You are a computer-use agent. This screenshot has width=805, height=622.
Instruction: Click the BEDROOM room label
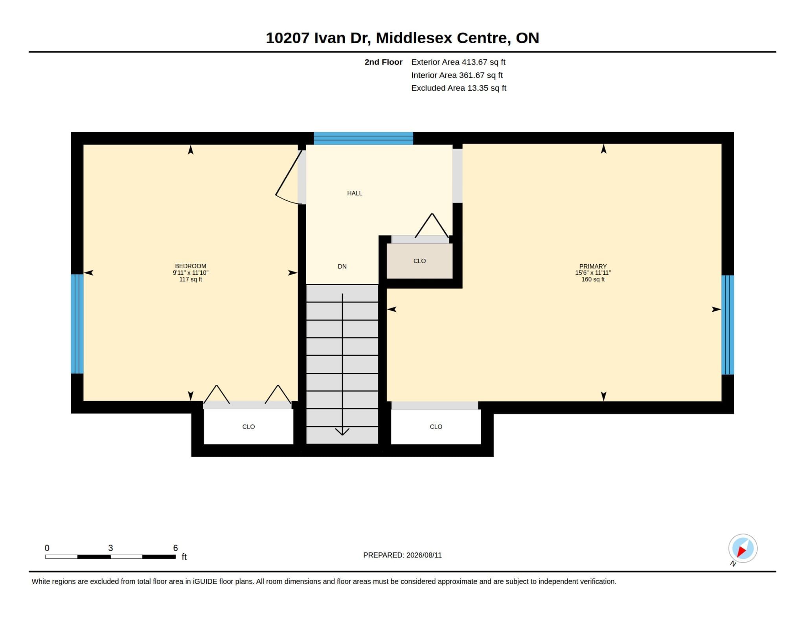(191, 266)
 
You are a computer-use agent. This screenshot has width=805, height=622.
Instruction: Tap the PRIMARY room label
(593, 266)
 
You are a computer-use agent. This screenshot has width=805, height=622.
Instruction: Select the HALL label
(355, 193)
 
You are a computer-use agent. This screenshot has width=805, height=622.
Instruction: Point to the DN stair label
(342, 266)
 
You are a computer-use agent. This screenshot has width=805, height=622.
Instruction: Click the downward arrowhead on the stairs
(342, 432)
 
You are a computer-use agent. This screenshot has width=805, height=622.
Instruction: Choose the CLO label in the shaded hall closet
(420, 261)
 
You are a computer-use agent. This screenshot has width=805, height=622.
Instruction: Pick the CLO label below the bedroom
(248, 427)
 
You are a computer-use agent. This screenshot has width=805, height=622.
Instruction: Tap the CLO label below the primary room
(436, 427)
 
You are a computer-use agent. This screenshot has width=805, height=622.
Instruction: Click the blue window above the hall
(363, 138)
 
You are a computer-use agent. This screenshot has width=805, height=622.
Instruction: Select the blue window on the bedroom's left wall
(77, 324)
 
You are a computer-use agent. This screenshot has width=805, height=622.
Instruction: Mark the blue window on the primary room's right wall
(728, 325)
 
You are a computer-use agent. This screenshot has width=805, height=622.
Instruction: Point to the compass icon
(743, 549)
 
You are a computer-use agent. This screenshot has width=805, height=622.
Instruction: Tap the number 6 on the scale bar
(175, 548)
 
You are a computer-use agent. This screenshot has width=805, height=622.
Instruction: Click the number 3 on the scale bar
(110, 548)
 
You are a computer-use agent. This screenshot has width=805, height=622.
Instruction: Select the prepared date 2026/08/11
(424, 555)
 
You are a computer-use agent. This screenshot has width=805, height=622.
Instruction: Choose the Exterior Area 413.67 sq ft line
(458, 62)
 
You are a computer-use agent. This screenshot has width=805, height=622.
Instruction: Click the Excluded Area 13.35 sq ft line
(459, 88)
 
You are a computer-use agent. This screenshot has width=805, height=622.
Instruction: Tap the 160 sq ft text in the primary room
(593, 279)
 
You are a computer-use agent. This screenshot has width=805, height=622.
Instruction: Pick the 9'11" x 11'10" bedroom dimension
(191, 272)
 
